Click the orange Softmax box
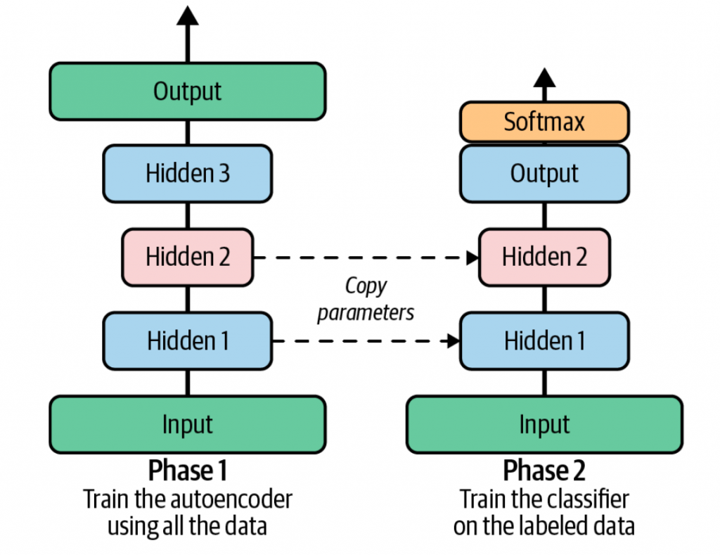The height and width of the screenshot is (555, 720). pos(544,122)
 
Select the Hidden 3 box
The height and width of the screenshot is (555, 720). pos(187,173)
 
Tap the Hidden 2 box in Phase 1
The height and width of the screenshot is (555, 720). pos(187,257)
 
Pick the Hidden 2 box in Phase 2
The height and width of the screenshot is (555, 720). pos(544,257)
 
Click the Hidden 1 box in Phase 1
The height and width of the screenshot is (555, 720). pos(187,341)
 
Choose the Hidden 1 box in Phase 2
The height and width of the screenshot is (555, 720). pos(544,341)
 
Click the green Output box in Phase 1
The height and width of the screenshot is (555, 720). pos(187,91)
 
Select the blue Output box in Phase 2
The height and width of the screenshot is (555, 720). pos(544,173)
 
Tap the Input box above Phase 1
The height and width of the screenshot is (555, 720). pos(187,425)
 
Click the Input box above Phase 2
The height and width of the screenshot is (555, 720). pos(544,425)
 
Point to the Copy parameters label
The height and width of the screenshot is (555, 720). pos(366,299)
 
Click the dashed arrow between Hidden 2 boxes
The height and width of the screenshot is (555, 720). pos(366,257)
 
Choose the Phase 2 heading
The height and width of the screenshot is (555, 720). pos(544,470)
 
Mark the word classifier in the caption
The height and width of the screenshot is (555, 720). pos(585,499)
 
